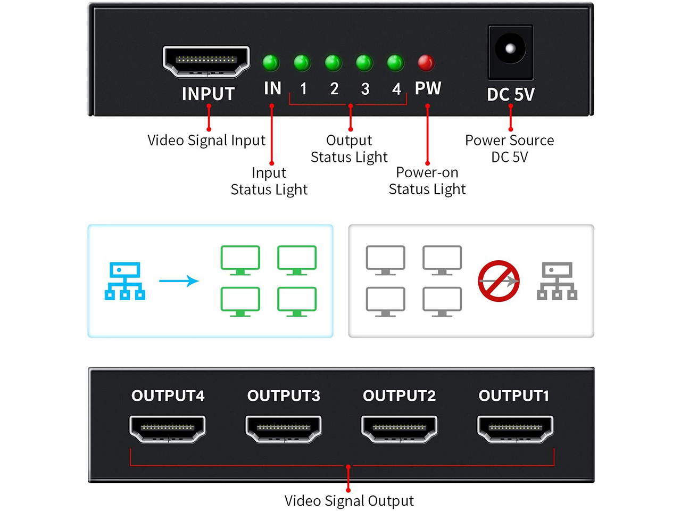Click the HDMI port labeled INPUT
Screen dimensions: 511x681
click(206, 61)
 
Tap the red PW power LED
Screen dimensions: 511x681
click(426, 63)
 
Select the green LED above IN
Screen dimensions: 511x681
click(271, 63)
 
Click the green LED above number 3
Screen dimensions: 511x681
click(364, 63)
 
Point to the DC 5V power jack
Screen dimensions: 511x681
click(510, 51)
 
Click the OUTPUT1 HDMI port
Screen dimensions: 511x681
click(515, 428)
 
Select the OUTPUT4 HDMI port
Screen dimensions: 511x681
click(168, 428)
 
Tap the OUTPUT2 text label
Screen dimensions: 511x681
click(399, 395)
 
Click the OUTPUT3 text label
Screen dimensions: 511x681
click(284, 395)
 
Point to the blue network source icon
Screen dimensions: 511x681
click(125, 281)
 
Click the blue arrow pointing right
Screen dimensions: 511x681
click(179, 281)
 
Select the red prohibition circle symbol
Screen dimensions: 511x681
click(499, 281)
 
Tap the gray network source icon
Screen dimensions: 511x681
click(557, 281)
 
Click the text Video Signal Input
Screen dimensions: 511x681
click(206, 140)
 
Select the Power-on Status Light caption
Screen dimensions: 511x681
click(427, 181)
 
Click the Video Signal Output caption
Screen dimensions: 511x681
click(348, 500)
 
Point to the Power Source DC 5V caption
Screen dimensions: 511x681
click(509, 149)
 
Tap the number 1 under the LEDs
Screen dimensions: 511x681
click(303, 88)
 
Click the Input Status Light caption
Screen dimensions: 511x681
click(269, 181)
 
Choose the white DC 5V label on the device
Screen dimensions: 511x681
click(510, 94)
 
